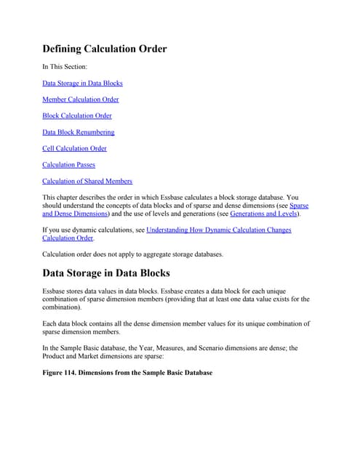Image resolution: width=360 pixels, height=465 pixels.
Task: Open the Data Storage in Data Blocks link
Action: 82,84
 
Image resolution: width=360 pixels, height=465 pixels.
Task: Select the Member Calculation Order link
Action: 80,100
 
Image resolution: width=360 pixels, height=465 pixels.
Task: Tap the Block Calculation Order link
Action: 76,116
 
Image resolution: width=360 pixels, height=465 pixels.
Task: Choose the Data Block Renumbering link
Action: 78,132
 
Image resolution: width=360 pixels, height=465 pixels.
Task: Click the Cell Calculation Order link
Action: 74,148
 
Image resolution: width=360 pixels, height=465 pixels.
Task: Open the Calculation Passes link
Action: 68,165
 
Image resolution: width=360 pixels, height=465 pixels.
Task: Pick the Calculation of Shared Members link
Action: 87,181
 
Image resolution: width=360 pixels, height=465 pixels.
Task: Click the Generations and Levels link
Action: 263,214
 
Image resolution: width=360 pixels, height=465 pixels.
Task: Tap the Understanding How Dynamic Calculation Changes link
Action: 218,230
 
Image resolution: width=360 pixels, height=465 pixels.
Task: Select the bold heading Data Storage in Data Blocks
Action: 105,273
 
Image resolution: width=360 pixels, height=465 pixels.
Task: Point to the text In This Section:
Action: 64,67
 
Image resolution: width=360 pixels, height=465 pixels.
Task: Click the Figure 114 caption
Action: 127,373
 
